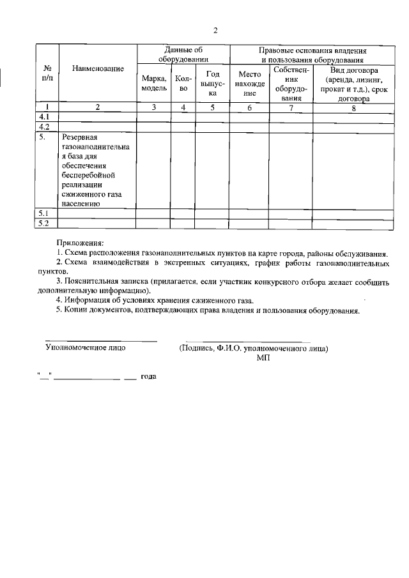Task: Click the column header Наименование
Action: pos(98,68)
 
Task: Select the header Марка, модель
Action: pos(154,83)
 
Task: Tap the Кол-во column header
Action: pos(183,83)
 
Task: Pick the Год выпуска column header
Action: pos(212,83)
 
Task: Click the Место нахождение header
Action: pos(249,83)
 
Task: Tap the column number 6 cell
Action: pos(249,107)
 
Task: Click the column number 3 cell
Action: pos(154,107)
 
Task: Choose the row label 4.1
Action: pos(45,118)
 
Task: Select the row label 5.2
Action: pos(45,223)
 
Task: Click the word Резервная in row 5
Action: pos(79,137)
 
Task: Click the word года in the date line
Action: pos(148,376)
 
